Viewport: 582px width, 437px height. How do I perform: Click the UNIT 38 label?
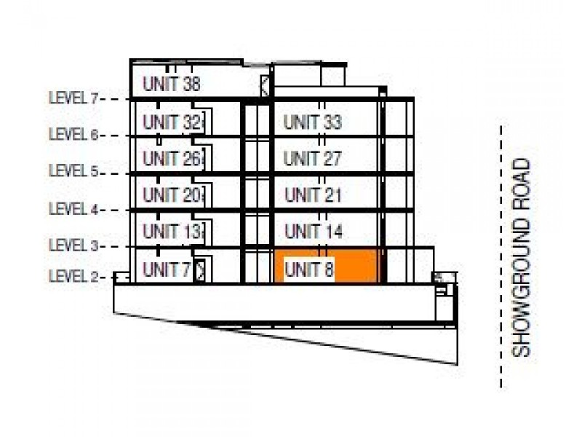(x=171, y=84)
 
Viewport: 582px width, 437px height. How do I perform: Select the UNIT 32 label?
(x=171, y=122)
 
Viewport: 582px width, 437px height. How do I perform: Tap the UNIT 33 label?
(x=312, y=122)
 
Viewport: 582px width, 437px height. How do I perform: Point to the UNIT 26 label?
(x=171, y=157)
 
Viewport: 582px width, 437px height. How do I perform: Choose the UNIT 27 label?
(x=312, y=158)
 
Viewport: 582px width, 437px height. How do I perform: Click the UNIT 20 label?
(x=171, y=194)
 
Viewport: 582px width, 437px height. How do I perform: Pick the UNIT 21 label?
(x=313, y=195)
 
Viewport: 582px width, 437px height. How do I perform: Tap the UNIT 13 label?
(x=171, y=232)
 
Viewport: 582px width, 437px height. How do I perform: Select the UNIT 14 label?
(x=314, y=232)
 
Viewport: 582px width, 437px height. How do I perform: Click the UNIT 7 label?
(x=167, y=269)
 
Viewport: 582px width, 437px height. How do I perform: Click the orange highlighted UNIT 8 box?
(x=328, y=266)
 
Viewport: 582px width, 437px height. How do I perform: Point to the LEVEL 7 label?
(x=73, y=98)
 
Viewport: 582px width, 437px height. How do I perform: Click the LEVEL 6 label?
(x=73, y=135)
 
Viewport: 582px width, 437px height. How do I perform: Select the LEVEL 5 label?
(x=73, y=172)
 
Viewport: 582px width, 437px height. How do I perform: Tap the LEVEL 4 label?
(x=73, y=209)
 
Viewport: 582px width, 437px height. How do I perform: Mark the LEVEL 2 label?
(x=73, y=277)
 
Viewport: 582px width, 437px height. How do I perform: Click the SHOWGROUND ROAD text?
(x=522, y=258)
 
